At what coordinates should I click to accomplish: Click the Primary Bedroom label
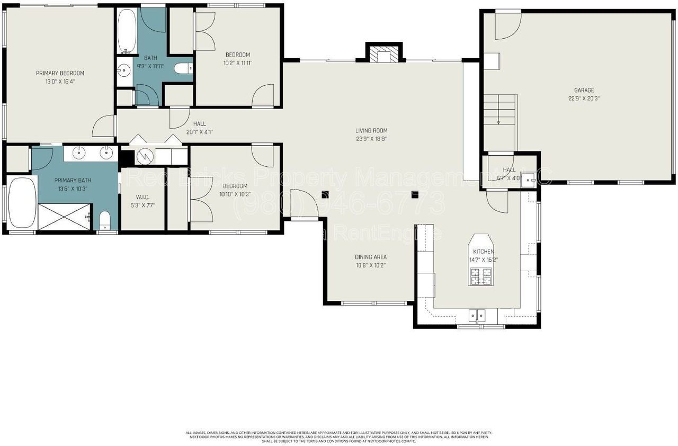pyautogui.click(x=60, y=73)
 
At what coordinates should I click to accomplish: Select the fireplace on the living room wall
pyautogui.click(x=384, y=54)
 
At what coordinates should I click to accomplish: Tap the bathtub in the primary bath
pyautogui.click(x=22, y=202)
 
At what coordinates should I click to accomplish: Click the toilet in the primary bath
pyautogui.click(x=105, y=219)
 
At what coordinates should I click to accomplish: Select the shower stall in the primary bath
pyautogui.click(x=65, y=218)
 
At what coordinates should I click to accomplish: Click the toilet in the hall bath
pyautogui.click(x=182, y=68)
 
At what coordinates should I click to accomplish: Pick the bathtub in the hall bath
pyautogui.click(x=126, y=31)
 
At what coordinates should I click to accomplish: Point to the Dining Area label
pyautogui.click(x=370, y=257)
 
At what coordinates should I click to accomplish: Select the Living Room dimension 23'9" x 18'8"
pyautogui.click(x=371, y=139)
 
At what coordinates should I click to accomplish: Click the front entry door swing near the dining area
pyautogui.click(x=304, y=203)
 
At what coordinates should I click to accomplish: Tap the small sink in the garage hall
pyautogui.click(x=528, y=181)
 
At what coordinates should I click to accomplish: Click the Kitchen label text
pyautogui.click(x=483, y=252)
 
